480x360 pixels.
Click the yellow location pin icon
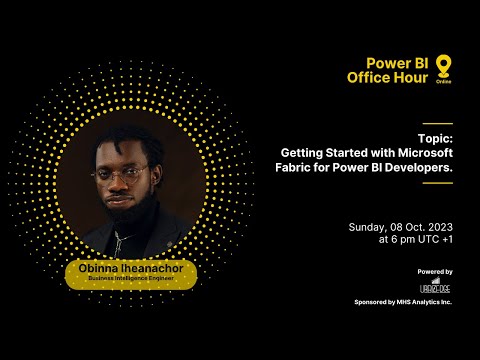(442, 67)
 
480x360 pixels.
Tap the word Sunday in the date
(367, 227)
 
